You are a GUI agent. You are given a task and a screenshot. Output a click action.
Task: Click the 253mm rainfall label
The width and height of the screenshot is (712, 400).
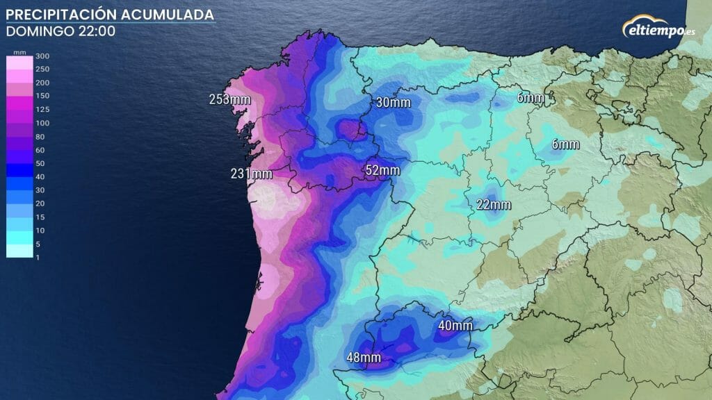click(229, 99)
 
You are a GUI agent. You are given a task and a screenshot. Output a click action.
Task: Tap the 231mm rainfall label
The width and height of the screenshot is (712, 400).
click(250, 174)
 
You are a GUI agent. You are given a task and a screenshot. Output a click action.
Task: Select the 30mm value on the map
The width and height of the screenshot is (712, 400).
click(393, 103)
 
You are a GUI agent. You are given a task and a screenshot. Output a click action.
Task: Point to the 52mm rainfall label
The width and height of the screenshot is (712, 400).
click(382, 170)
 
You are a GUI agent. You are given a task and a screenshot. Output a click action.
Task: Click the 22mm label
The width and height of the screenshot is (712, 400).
click(494, 205)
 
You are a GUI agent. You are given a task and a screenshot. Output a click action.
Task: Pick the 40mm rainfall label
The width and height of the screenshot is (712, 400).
click(455, 325)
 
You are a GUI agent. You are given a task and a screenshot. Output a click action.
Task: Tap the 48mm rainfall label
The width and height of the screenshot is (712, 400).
click(364, 358)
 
